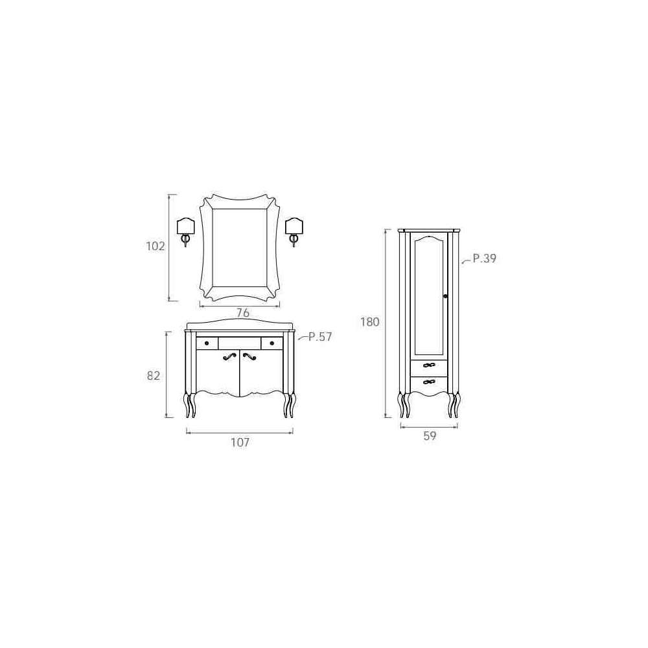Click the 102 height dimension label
click(156, 246)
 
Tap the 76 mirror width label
click(242, 313)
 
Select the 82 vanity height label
click(154, 376)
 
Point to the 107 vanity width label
click(240, 443)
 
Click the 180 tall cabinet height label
click(369, 322)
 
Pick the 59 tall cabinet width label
click(430, 435)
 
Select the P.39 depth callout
click(484, 259)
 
